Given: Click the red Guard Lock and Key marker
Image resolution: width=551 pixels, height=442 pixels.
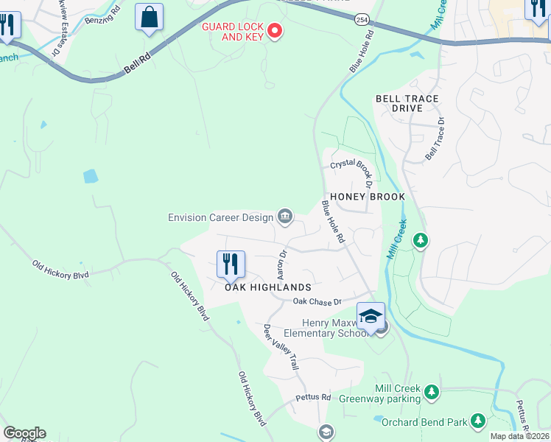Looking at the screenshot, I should coord(275,30).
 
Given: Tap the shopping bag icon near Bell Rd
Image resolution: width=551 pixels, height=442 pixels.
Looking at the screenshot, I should coord(149,17).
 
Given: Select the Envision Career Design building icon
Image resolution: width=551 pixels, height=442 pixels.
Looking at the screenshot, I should coord(284,216).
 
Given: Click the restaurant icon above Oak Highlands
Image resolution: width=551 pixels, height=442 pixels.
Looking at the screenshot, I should coord(231,264).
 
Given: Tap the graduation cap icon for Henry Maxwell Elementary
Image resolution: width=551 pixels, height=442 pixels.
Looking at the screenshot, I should coord(371,317).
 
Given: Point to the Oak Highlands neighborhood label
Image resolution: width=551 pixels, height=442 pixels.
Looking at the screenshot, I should coord(268,287).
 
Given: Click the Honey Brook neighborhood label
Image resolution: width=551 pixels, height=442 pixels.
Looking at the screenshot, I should coord(368,197).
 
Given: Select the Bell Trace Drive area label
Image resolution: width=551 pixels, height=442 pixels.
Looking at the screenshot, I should coord(407,103).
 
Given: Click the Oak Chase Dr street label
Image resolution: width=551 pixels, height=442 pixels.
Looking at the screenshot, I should coord(317,301).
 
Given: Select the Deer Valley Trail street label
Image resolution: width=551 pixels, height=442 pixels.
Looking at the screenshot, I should coord(281,346).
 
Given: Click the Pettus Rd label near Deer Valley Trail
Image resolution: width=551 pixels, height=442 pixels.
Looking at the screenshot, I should coord(313,397).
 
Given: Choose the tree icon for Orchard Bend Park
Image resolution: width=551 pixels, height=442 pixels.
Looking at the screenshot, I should coord(478,420).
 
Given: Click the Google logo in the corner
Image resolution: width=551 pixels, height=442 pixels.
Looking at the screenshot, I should coord(24,433).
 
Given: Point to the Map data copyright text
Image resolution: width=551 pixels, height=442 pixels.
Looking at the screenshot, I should coord(520,436).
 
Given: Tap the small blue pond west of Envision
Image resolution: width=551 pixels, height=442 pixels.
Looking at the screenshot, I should coord(91,176).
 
